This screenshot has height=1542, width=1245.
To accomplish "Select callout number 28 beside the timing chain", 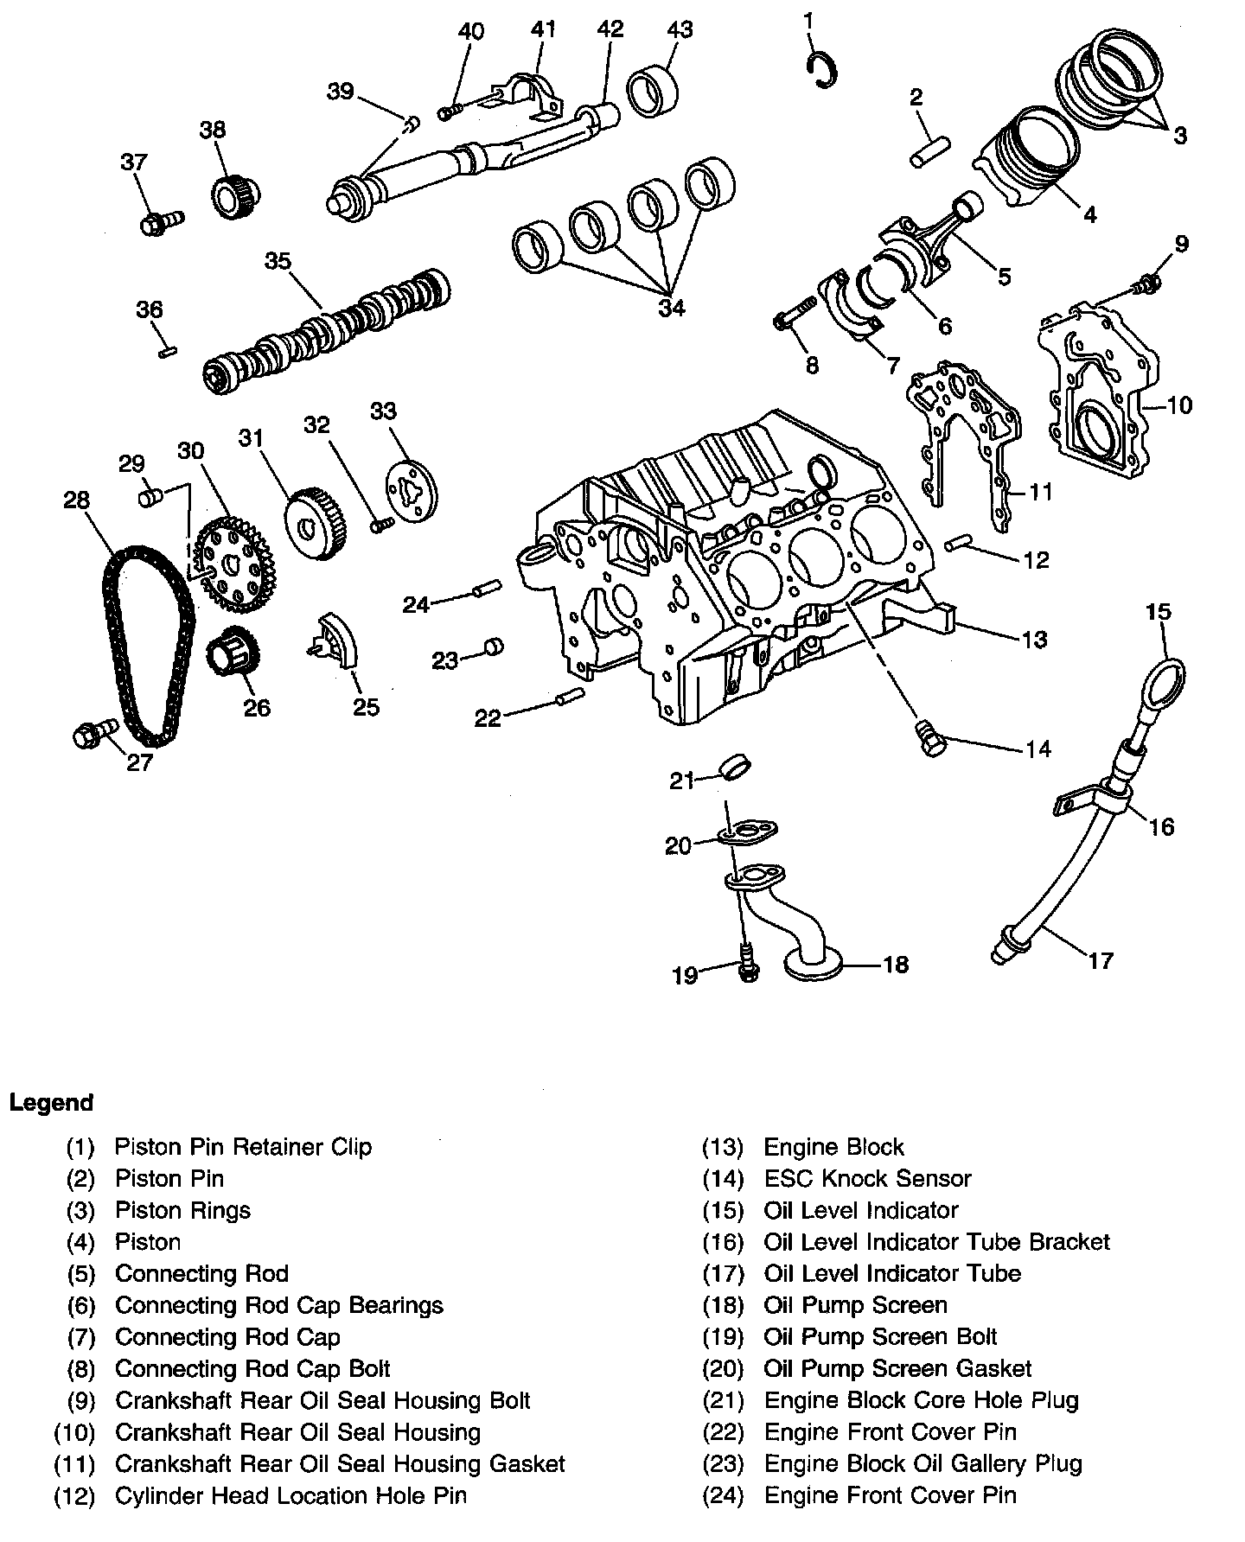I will pos(77,500).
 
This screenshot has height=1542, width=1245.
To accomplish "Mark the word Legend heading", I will pos(51,1103).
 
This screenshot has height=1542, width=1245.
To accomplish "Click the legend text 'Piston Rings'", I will pos(182,1210).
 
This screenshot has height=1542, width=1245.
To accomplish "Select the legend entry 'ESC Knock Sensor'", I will pos(867,1178).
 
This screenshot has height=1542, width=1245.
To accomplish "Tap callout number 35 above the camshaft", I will pos(278,261).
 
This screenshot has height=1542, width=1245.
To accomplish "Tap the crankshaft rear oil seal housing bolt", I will pos(1146,283).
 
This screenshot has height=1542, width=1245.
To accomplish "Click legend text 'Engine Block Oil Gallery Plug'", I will pos(923,1463).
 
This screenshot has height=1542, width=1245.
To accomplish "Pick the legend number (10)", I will pos(73,1432).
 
